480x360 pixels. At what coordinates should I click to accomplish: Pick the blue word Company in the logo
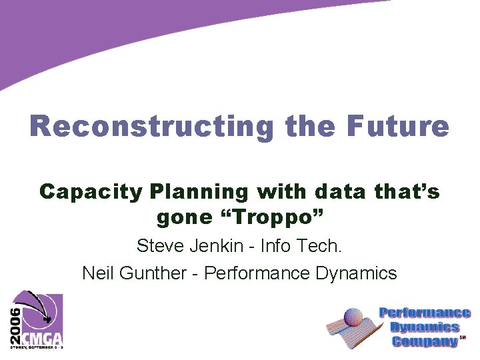tap(425, 341)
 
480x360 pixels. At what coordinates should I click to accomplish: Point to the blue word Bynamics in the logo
tap(425, 327)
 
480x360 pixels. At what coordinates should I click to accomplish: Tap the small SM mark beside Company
tap(463, 339)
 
